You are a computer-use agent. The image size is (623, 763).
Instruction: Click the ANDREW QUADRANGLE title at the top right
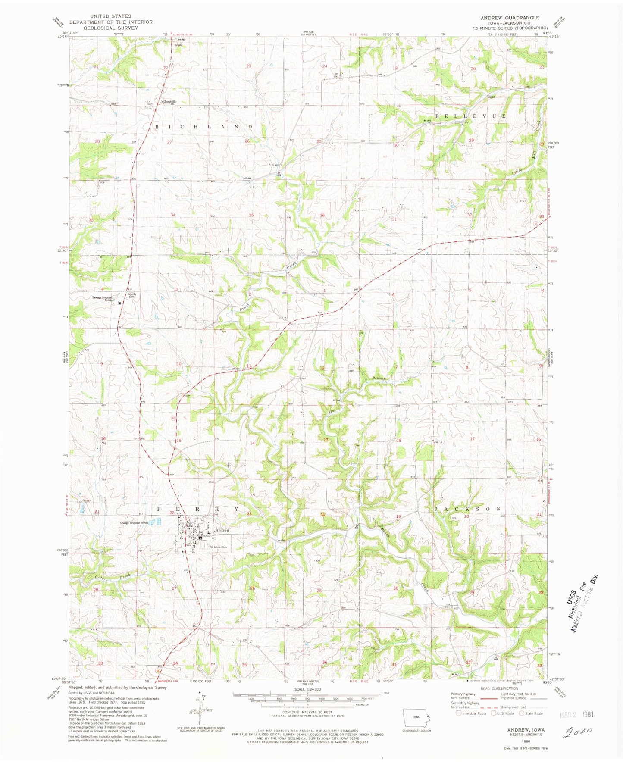tap(510, 18)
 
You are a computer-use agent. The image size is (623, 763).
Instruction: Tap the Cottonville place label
tap(168, 102)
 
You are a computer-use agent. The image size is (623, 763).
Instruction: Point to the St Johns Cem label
tap(218, 547)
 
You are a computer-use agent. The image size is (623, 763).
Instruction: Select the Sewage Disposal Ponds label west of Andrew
tap(134, 523)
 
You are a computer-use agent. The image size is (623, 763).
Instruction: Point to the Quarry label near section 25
tap(275, 165)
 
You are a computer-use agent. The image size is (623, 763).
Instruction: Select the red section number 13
tap(326, 440)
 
